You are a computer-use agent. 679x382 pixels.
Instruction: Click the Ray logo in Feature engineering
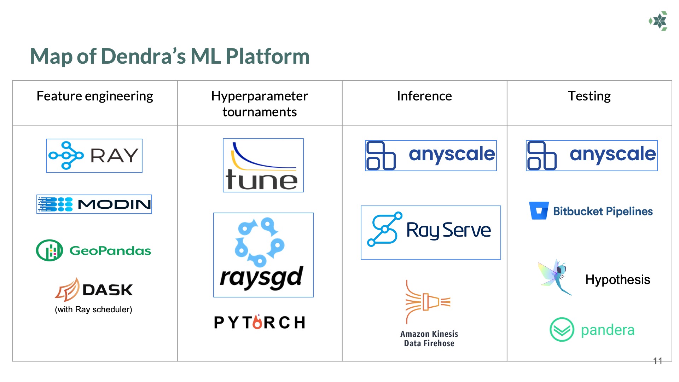click(x=94, y=156)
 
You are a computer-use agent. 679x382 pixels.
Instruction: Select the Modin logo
click(x=94, y=204)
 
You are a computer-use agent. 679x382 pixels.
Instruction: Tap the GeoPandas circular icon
click(x=50, y=250)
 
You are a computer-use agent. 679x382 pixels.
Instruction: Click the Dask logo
click(x=94, y=290)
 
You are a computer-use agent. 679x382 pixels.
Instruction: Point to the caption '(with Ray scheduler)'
click(x=93, y=309)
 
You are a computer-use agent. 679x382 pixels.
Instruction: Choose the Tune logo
click(x=263, y=166)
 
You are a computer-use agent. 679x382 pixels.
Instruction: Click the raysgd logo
click(x=263, y=255)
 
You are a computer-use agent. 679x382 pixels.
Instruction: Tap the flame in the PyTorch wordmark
click(x=258, y=322)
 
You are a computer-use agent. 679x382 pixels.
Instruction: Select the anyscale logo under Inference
click(x=431, y=156)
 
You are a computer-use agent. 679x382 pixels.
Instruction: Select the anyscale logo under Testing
click(x=592, y=156)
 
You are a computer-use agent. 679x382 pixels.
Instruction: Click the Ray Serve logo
click(x=431, y=232)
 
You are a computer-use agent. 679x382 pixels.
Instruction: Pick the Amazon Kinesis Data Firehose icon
click(x=428, y=302)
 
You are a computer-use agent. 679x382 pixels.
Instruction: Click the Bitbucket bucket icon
click(x=539, y=211)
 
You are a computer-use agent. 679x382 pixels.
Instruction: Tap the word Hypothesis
click(x=617, y=280)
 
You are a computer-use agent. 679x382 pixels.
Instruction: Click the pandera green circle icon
click(x=562, y=330)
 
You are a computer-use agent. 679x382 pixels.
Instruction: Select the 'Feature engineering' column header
click(x=95, y=96)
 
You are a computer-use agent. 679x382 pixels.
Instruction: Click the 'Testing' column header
click(x=589, y=96)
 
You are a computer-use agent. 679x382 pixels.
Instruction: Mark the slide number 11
click(x=657, y=361)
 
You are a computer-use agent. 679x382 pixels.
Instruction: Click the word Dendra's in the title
click(x=143, y=56)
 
